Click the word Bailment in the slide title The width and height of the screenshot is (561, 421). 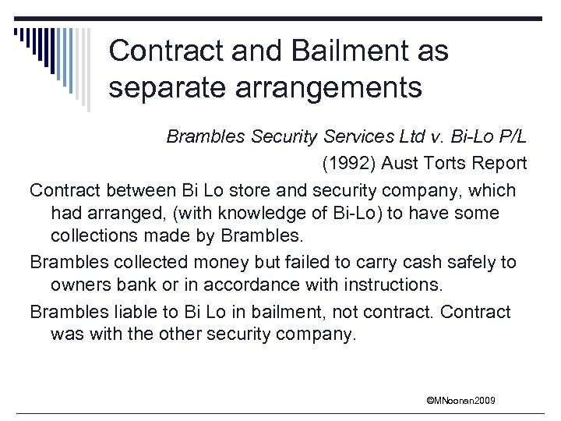(340, 51)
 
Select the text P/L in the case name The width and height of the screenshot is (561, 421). (513, 136)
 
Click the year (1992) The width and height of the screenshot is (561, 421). (343, 164)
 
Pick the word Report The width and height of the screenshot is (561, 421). (501, 164)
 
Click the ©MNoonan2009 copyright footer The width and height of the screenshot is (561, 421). (460, 401)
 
